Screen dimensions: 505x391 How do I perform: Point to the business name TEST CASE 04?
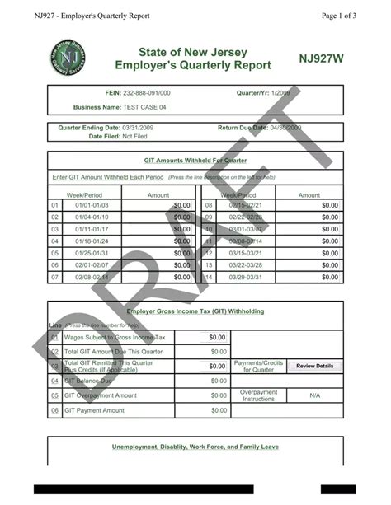[x=144, y=107]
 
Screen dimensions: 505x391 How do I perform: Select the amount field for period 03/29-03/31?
[x=309, y=278]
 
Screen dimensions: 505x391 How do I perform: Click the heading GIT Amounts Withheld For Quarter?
[x=195, y=161]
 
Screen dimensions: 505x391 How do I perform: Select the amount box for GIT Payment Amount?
[x=202, y=409]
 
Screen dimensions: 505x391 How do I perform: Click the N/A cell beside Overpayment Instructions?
[x=314, y=395]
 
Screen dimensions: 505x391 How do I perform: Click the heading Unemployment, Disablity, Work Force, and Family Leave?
[x=195, y=447]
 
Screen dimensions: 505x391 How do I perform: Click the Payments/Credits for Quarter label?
[x=258, y=366]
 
